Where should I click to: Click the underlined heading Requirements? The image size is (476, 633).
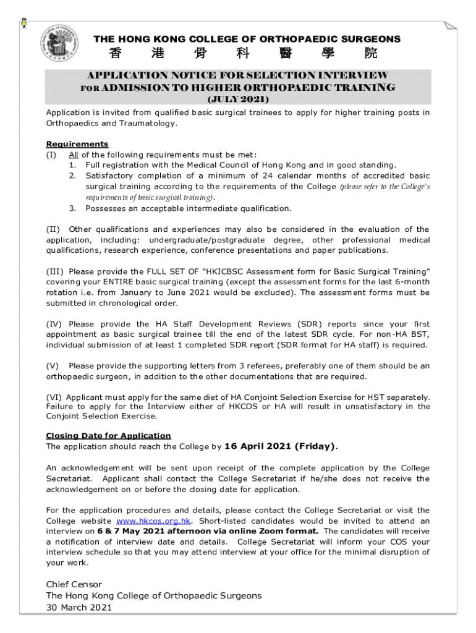click(x=77, y=144)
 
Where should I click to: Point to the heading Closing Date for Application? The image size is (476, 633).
click(x=108, y=435)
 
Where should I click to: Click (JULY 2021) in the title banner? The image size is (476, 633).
click(x=237, y=99)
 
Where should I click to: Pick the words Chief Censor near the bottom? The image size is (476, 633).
click(x=74, y=584)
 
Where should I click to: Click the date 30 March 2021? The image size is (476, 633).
click(x=79, y=608)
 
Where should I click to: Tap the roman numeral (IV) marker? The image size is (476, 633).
click(x=54, y=324)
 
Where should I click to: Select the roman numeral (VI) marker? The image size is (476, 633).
click(x=54, y=397)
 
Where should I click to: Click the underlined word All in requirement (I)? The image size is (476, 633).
click(x=74, y=155)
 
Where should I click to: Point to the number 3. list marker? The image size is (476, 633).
click(x=72, y=208)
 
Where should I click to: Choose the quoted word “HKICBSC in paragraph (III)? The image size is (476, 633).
click(x=224, y=271)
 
